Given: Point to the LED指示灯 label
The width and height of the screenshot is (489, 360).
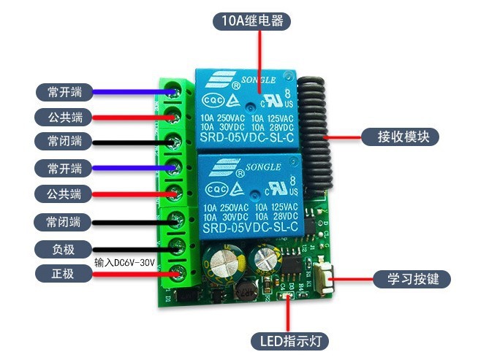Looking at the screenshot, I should click(x=289, y=341).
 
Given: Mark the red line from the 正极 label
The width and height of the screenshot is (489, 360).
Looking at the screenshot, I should click(x=132, y=274).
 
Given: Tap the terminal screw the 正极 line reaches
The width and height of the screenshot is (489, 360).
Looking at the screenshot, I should click(x=175, y=274).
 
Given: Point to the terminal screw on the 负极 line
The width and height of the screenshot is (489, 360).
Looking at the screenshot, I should click(x=175, y=248).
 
